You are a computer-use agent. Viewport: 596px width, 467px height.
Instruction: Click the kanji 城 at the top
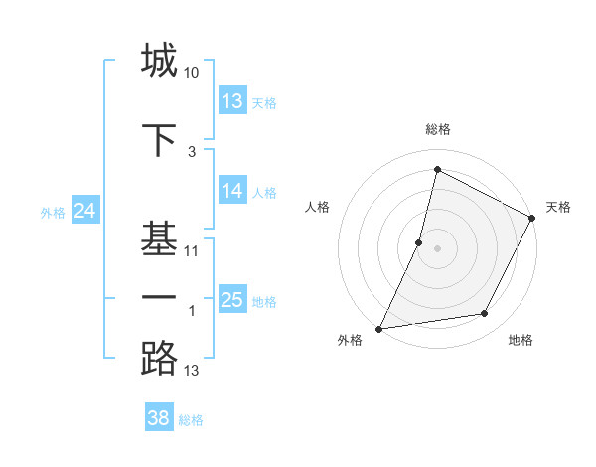click(x=159, y=60)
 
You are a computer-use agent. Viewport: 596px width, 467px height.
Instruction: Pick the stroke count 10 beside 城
click(x=192, y=74)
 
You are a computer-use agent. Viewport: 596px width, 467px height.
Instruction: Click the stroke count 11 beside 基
click(x=192, y=251)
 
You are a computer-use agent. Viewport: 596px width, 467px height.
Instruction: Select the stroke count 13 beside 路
click(x=192, y=372)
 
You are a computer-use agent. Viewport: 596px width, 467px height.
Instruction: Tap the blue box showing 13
click(x=232, y=101)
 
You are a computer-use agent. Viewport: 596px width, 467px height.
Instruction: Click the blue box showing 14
click(x=232, y=191)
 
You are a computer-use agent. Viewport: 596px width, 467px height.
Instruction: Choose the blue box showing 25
click(x=232, y=300)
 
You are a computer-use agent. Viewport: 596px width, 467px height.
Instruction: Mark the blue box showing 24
click(x=85, y=211)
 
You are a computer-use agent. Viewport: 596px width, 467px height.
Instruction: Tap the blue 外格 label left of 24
click(x=53, y=212)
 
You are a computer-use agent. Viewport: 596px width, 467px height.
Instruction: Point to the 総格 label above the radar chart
click(x=437, y=130)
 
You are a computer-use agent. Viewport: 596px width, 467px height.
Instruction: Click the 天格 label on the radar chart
click(x=558, y=207)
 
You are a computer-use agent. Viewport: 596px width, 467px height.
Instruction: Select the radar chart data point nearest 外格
click(x=379, y=328)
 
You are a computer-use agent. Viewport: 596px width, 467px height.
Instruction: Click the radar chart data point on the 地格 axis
click(x=485, y=314)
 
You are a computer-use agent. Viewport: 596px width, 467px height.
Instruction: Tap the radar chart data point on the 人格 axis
click(x=419, y=241)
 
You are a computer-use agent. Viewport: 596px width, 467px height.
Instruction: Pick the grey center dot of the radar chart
click(x=437, y=248)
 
